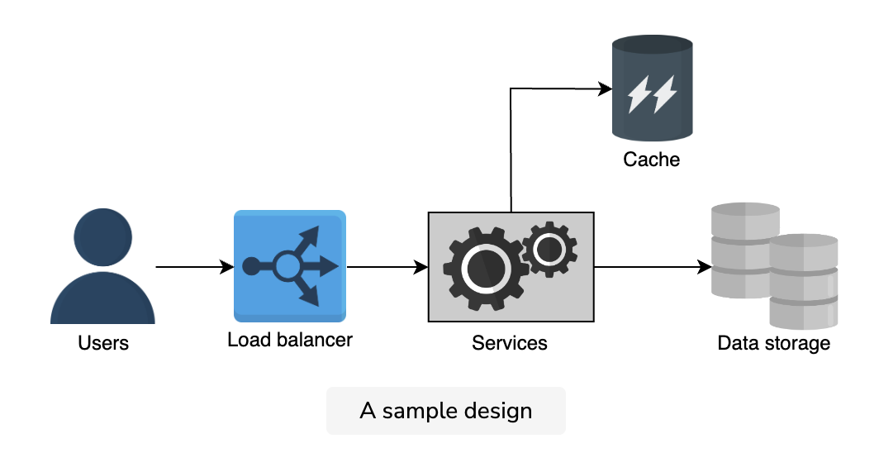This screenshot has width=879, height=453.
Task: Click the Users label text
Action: pyautogui.click(x=103, y=342)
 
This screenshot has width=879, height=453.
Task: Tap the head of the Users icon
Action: pyautogui.click(x=103, y=237)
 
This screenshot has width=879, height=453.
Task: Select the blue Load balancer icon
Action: pyautogui.click(x=290, y=266)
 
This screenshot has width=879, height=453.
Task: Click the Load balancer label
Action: pyautogui.click(x=290, y=340)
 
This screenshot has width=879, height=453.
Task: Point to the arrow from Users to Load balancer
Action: pyautogui.click(x=194, y=267)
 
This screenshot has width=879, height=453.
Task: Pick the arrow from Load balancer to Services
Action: pyautogui.click(x=387, y=267)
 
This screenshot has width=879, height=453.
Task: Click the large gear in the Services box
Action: pyautogui.click(x=487, y=268)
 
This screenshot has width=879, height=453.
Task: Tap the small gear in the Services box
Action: pyautogui.click(x=549, y=249)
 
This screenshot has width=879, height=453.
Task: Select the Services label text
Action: pyautogui.click(x=510, y=342)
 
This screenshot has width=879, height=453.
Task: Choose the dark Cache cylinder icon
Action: pyautogui.click(x=652, y=88)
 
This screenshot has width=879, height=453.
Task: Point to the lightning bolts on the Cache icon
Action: pyautogui.click(x=652, y=93)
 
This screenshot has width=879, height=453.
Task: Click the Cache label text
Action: pyautogui.click(x=651, y=160)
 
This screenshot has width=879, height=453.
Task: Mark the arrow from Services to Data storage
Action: pyautogui.click(x=653, y=267)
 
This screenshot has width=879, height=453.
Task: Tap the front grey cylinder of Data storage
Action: pyautogui.click(x=803, y=281)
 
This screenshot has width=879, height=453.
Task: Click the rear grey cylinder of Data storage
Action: pyautogui.click(x=740, y=250)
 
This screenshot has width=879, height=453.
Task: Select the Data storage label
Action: pyautogui.click(x=773, y=342)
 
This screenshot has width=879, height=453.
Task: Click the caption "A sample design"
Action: pyautogui.click(x=445, y=410)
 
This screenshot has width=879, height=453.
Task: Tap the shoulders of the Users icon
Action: pyautogui.click(x=102, y=300)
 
